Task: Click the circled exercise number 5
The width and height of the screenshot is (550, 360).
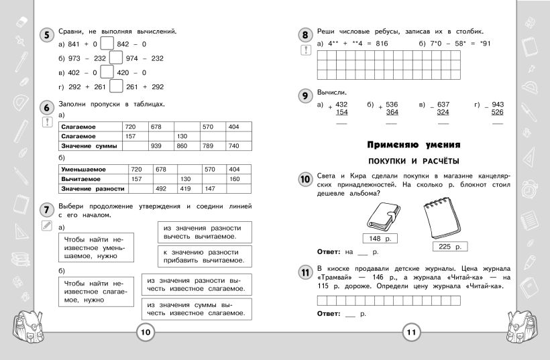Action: click(x=45, y=36)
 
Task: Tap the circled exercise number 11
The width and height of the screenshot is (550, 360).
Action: click(x=305, y=272)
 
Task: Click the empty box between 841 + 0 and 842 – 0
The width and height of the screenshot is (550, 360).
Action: click(x=107, y=45)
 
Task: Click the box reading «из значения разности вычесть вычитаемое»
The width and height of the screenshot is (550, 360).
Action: click(x=204, y=232)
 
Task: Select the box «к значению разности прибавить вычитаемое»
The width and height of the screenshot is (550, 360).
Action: click(x=204, y=255)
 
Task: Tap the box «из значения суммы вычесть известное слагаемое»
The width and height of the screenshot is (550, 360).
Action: click(x=196, y=308)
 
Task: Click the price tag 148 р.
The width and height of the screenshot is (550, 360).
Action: click(x=380, y=239)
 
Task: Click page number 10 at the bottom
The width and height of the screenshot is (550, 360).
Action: click(x=146, y=332)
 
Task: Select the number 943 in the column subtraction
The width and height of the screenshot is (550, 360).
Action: click(x=497, y=105)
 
